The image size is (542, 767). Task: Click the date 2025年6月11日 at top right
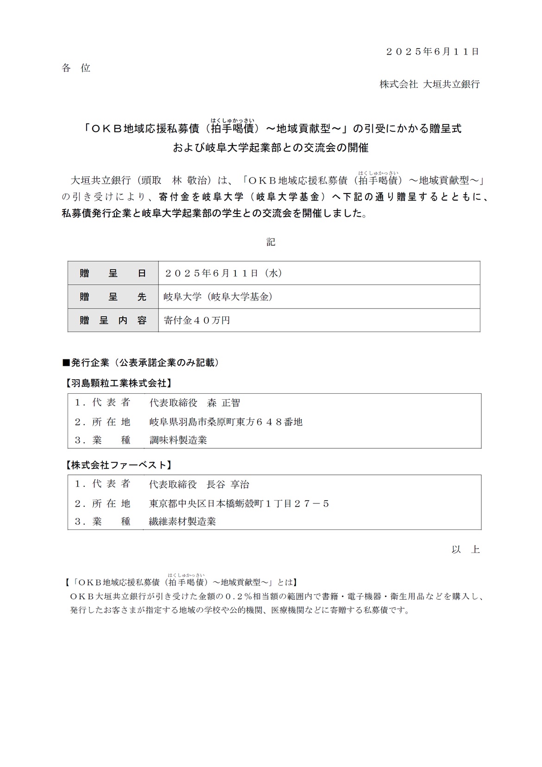point(432,52)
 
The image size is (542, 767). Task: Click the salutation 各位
point(76,68)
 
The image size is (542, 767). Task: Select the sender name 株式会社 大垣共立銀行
point(429,84)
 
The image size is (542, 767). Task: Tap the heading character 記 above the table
point(271,242)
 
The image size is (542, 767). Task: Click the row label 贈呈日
point(113,273)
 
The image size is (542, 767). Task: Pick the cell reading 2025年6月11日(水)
point(224,273)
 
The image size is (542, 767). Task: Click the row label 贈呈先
point(113,297)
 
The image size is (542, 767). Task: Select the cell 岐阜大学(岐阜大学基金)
point(218,297)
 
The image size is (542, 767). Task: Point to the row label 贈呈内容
point(113,321)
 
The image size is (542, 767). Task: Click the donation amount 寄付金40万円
point(197,321)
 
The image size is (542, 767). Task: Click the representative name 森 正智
point(224,403)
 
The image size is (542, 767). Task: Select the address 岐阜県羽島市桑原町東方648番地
point(226,422)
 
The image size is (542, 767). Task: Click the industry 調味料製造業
point(178,440)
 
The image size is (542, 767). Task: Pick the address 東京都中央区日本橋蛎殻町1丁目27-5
point(239,503)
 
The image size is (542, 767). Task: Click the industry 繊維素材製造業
point(183,522)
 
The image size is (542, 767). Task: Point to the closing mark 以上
point(466,550)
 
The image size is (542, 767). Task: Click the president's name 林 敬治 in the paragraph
point(189,181)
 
